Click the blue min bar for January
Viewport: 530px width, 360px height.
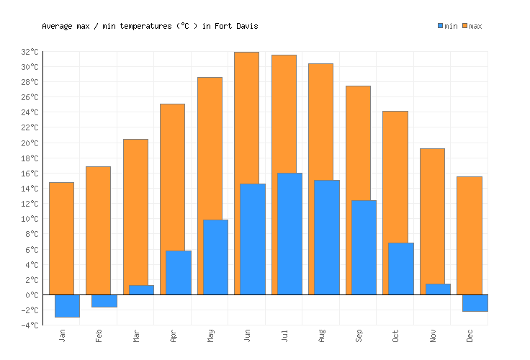click(x=67, y=306)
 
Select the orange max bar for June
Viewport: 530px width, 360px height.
click(x=246, y=115)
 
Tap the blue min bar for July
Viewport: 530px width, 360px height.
click(x=289, y=234)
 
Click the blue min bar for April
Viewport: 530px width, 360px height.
click(x=178, y=273)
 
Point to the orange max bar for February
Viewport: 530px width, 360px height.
click(x=98, y=230)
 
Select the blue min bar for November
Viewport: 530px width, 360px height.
click(x=438, y=289)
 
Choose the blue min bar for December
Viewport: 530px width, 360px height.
click(x=475, y=303)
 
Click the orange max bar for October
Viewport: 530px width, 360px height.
click(x=395, y=173)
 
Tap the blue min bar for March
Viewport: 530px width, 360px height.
click(x=141, y=290)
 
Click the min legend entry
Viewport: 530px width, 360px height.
click(x=447, y=27)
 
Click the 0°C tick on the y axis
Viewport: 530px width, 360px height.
click(x=32, y=295)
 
